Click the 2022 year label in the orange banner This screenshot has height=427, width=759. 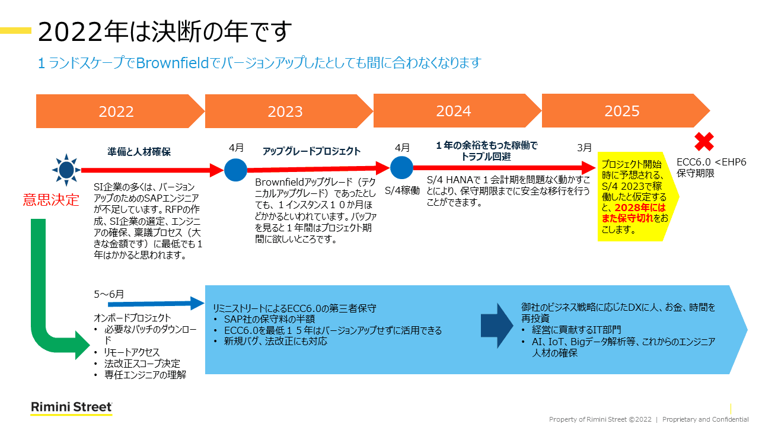pyautogui.click(x=116, y=111)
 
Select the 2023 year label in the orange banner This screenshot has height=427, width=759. pyautogui.click(x=285, y=111)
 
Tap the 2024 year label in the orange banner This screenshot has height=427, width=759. pyautogui.click(x=454, y=111)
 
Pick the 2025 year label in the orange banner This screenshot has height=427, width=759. pyautogui.click(x=622, y=111)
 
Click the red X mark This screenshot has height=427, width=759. pyautogui.click(x=704, y=142)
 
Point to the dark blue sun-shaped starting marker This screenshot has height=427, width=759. pyautogui.click(x=66, y=170)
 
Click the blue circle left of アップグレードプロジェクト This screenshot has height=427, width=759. pyautogui.click(x=235, y=170)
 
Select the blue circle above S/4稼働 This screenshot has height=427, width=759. pyautogui.click(x=401, y=167)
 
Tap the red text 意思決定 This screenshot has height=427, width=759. pyautogui.click(x=51, y=200)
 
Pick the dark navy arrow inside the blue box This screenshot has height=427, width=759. pyautogui.click(x=497, y=326)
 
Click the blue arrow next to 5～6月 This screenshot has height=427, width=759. pyautogui.click(x=156, y=304)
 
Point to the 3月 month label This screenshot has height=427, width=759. pyautogui.click(x=584, y=148)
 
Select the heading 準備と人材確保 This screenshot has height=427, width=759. pyautogui.click(x=139, y=152)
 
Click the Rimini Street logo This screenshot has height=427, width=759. pyautogui.click(x=72, y=407)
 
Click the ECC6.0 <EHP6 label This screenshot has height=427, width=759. pyautogui.click(x=711, y=162)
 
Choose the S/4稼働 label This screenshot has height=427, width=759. pyautogui.click(x=402, y=191)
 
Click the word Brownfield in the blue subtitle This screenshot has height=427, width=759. pyautogui.click(x=173, y=63)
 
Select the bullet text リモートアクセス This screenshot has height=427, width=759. pyautogui.click(x=132, y=352)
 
